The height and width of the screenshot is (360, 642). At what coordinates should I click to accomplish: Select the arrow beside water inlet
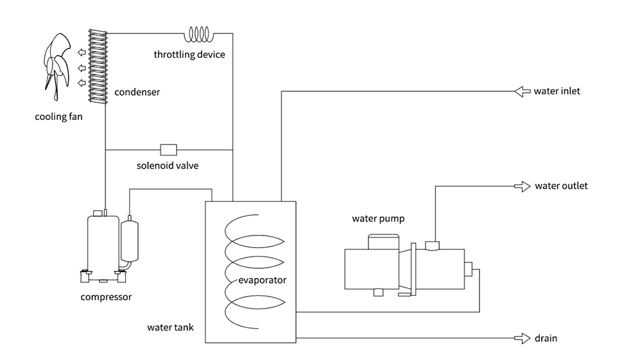[521, 91]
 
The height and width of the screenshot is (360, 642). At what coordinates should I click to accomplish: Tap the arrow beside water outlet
[522, 187]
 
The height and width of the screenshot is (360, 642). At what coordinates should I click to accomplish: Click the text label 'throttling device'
[189, 55]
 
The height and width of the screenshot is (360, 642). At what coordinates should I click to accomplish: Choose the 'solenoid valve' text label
[168, 166]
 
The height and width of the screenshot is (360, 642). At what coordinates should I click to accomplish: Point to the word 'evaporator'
[262, 280]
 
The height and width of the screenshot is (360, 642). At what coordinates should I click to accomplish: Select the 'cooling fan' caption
[58, 117]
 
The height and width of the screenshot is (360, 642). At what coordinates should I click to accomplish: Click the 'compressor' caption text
[106, 297]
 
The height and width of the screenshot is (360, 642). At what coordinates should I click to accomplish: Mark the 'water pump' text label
[378, 218]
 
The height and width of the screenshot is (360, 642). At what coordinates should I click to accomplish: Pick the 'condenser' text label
[137, 92]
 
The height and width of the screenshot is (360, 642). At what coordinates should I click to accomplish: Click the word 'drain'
[546, 338]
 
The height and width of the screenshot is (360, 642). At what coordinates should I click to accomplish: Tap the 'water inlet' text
[557, 91]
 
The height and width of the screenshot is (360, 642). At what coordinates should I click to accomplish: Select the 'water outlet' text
[561, 187]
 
